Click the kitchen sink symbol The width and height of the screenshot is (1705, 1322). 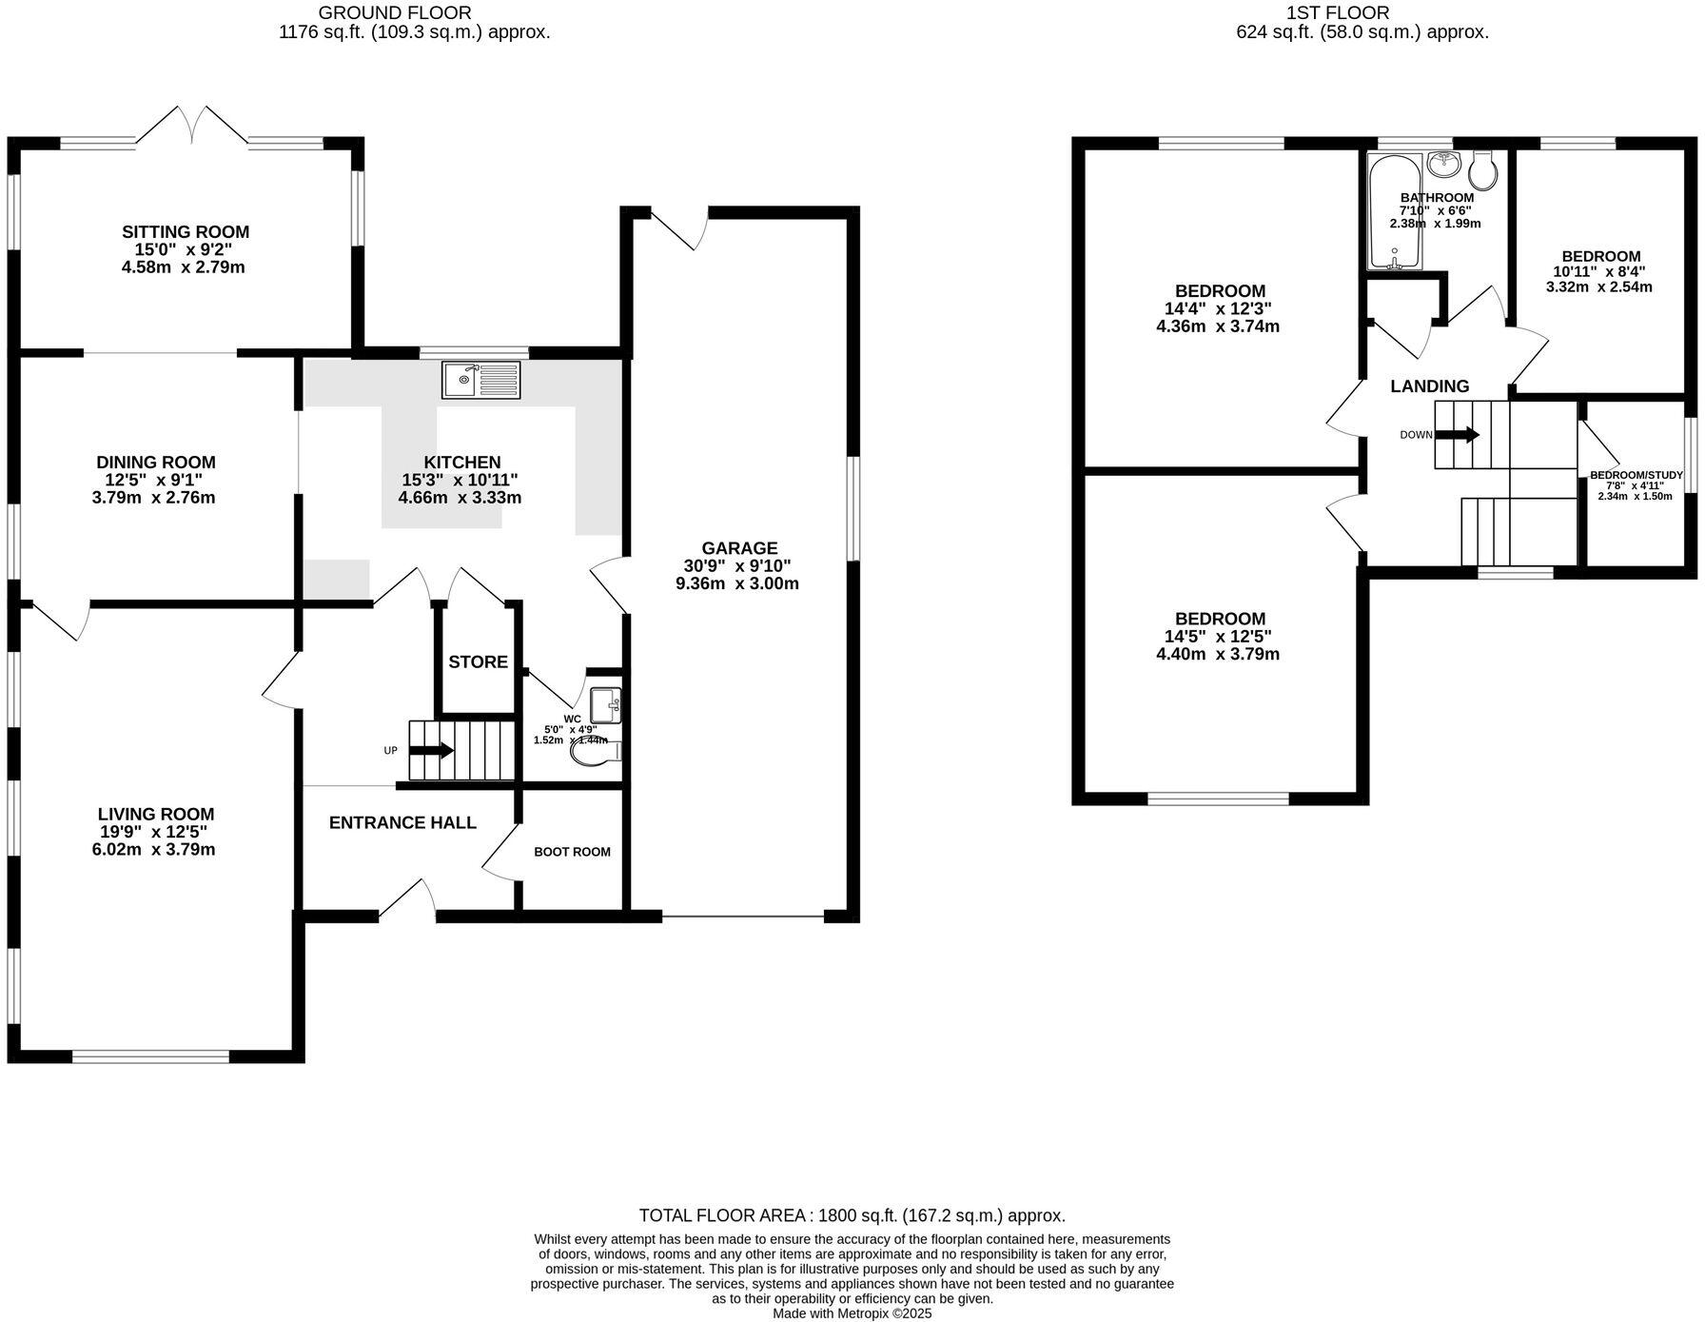tap(480, 380)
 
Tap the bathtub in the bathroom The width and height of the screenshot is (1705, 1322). tap(1394, 211)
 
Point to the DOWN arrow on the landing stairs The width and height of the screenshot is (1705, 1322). tap(1457, 435)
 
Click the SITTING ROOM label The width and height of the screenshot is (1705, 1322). tap(186, 231)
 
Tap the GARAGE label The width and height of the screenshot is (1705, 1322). tap(739, 548)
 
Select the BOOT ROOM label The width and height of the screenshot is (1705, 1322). tap(572, 852)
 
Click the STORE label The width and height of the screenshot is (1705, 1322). tap(478, 661)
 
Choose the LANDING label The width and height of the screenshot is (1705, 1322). tap(1429, 385)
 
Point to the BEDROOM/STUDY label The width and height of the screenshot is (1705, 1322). tap(1636, 475)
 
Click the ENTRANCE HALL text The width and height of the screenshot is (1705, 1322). tap(402, 822)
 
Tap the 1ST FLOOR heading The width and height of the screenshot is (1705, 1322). tap(1337, 13)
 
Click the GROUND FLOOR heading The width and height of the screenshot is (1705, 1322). tap(394, 13)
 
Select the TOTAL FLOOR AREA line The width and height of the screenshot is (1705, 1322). tap(852, 1215)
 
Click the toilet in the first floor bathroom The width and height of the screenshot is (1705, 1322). tap(1483, 171)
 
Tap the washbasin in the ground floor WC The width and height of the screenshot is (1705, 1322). tap(606, 705)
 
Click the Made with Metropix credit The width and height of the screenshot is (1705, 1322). tap(852, 1313)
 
